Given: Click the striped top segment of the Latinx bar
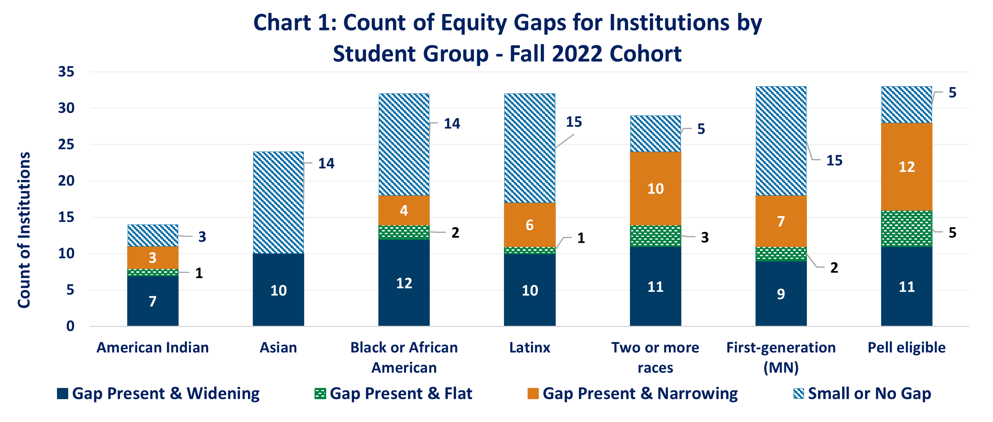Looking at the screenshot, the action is click(530, 148).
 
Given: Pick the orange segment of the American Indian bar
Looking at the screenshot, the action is click(153, 257).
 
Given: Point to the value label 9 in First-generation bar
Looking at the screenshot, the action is click(781, 294).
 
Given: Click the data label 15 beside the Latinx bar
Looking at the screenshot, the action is click(574, 122).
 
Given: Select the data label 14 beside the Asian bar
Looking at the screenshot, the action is click(326, 163).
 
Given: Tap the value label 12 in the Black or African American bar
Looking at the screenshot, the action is click(404, 283).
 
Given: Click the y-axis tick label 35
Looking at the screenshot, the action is click(66, 72).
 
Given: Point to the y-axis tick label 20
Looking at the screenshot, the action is click(66, 181).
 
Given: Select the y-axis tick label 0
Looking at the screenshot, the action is click(70, 326).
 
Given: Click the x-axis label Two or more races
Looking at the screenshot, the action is click(655, 357).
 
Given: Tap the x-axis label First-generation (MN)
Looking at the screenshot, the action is click(781, 357).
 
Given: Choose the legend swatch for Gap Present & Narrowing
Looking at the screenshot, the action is click(533, 394).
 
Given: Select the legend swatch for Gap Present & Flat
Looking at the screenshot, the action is click(320, 394).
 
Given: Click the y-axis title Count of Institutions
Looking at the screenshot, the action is click(24, 230).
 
